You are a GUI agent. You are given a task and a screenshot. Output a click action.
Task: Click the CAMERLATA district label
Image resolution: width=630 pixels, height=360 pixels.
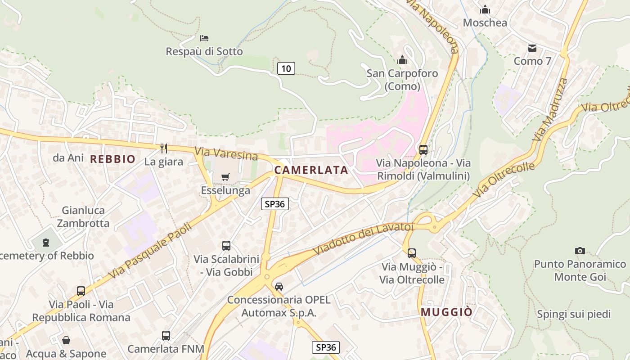coord(311,170)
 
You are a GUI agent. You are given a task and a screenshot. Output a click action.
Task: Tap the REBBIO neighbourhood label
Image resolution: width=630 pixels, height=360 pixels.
coord(112,159)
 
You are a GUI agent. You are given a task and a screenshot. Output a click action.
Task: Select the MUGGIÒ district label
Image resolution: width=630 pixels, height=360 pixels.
coord(446,312)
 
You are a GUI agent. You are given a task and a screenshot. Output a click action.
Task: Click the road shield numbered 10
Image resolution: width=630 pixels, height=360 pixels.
coord(286,68)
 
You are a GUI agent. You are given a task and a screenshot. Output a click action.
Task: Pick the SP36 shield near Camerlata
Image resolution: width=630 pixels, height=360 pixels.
coord(274,204)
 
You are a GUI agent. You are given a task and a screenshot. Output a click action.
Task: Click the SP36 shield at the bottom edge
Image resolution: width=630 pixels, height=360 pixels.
coord(325,347)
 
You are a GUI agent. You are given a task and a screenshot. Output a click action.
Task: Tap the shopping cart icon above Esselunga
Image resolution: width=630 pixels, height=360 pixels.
coord(225,177)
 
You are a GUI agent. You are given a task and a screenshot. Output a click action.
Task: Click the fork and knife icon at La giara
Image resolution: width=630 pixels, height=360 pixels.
coord(164,148)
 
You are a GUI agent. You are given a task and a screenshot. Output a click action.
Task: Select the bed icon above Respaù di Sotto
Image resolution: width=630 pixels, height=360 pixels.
coord(204,38)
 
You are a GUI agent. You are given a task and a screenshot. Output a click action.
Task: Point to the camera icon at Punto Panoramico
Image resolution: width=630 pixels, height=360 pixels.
coord(580,251)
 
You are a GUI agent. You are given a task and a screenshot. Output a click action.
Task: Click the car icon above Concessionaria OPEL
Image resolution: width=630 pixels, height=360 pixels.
coord(279,286)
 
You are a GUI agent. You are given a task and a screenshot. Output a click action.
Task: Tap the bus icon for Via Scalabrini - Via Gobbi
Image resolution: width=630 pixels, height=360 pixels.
coord(226,246)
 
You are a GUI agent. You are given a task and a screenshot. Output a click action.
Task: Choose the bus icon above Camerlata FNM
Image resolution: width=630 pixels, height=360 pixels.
coord(166,335)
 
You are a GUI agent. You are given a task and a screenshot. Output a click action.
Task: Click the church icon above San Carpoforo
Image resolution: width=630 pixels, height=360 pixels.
coord(402,60)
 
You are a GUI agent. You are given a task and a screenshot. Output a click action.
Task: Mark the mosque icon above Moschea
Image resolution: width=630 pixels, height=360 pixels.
coord(485,9)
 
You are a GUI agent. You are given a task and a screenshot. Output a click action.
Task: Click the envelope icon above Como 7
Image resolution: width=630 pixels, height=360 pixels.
coord(532,48)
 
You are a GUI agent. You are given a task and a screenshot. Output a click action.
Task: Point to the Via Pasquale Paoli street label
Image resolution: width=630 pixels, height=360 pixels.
coord(150,250)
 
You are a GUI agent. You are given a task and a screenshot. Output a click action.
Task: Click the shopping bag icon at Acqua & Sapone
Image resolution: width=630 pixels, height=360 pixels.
coord(66,340)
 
